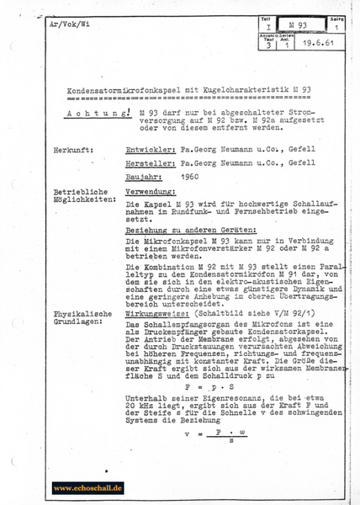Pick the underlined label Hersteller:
150,165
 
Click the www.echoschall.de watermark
87,486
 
